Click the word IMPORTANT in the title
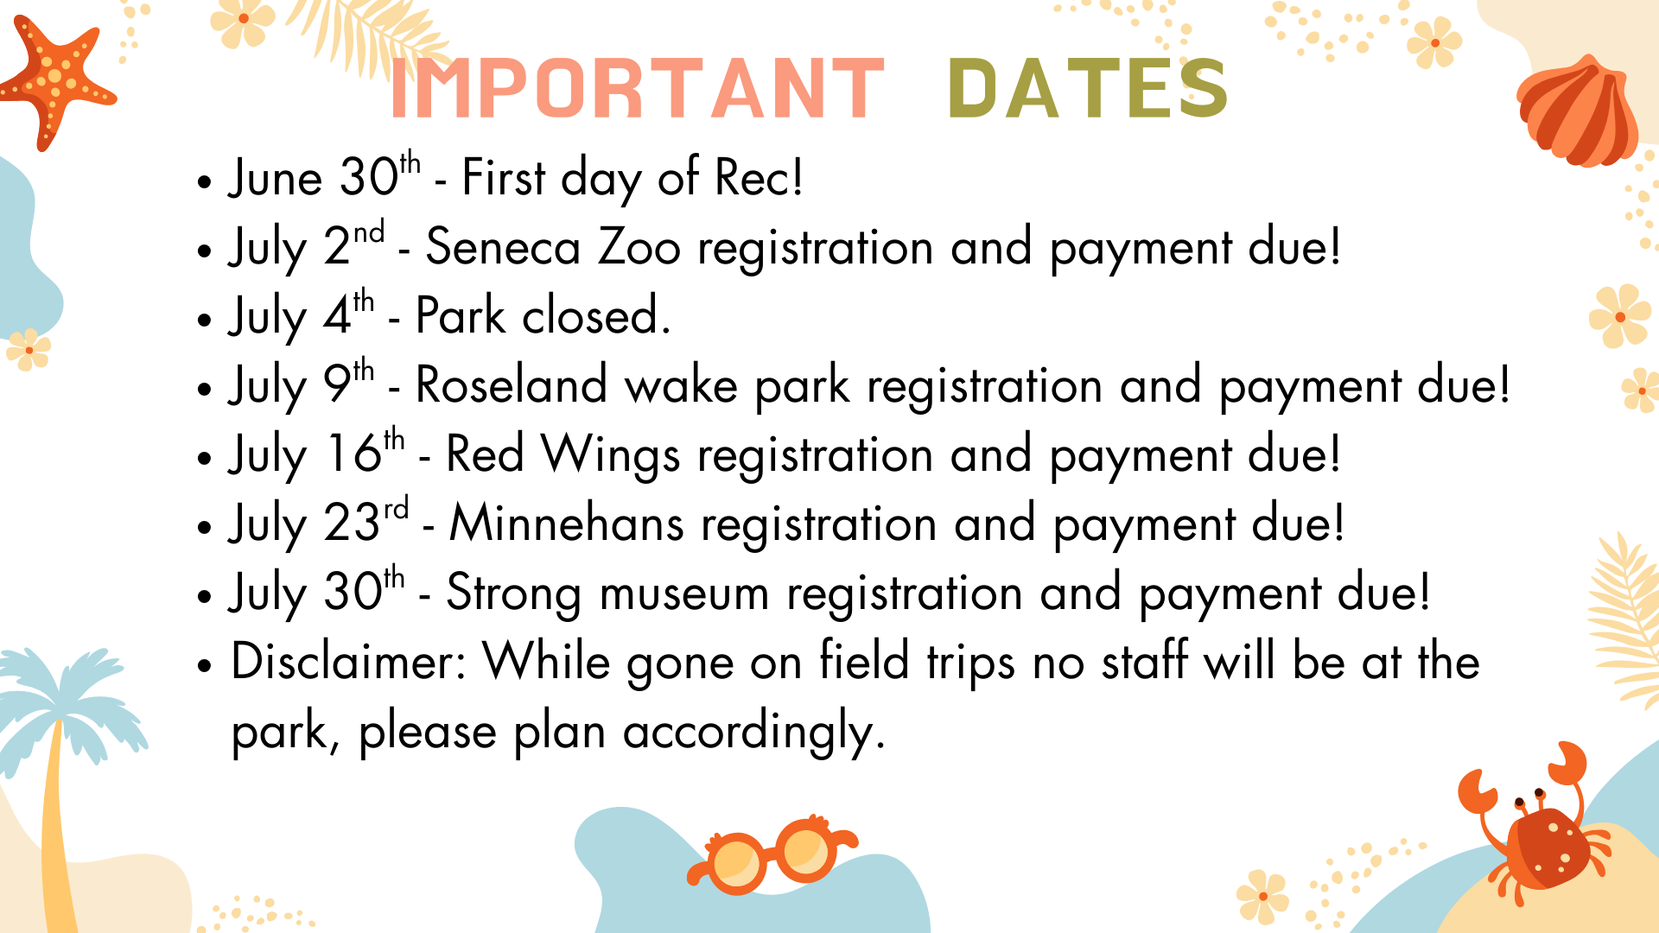click(x=638, y=88)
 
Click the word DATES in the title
click(x=1088, y=88)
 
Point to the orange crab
click(x=1534, y=834)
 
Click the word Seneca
click(x=503, y=248)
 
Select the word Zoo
click(x=639, y=248)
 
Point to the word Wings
click(x=610, y=455)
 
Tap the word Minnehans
click(x=567, y=524)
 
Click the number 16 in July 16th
click(x=354, y=454)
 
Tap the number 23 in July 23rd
click(x=352, y=524)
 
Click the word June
click(x=276, y=179)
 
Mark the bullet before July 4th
click(x=204, y=320)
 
